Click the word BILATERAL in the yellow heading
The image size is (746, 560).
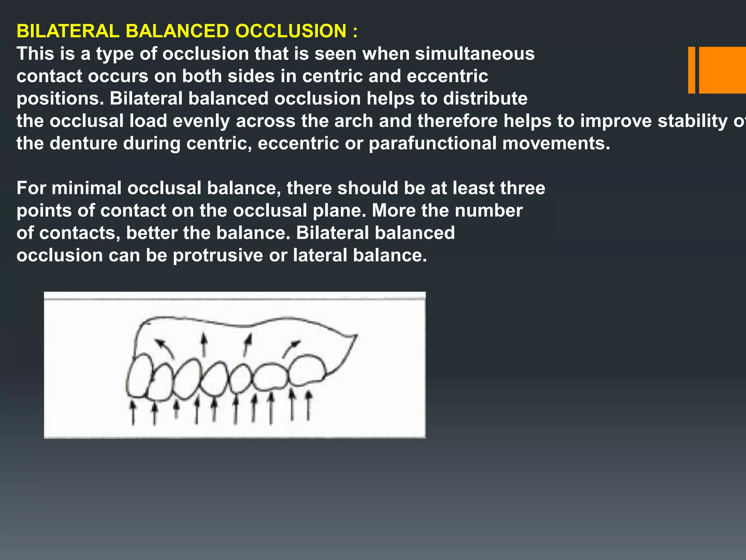coord(68,31)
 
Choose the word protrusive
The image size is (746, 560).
coord(217,256)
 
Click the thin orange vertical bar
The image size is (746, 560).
coord(691,70)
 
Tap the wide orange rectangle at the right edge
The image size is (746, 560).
coord(722,70)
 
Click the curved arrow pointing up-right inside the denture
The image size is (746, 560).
coord(291,349)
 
